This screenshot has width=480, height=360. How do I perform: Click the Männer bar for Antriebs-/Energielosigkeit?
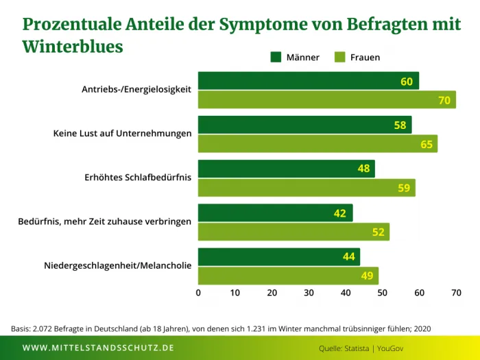click(309, 81)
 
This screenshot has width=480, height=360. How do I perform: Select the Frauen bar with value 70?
click(327, 100)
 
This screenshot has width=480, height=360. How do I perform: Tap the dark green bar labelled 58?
click(304, 125)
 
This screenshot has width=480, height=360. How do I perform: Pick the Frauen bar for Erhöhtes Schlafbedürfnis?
click(307, 188)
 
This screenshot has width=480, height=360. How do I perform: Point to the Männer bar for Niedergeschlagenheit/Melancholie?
click(279, 257)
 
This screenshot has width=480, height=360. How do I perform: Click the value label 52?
click(379, 232)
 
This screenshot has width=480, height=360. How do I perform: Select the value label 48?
click(364, 169)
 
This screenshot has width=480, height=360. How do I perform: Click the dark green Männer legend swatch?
click(276, 57)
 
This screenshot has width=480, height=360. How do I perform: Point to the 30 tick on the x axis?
click(309, 293)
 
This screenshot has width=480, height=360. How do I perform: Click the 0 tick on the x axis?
click(199, 293)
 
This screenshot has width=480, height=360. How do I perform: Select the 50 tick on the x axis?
click(382, 293)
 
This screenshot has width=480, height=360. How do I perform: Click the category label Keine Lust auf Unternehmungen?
click(122, 133)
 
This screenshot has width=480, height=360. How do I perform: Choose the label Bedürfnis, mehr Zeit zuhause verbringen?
click(105, 221)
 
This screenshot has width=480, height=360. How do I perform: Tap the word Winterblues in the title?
click(73, 47)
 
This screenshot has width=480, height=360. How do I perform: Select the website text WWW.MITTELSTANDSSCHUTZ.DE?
click(98, 348)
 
